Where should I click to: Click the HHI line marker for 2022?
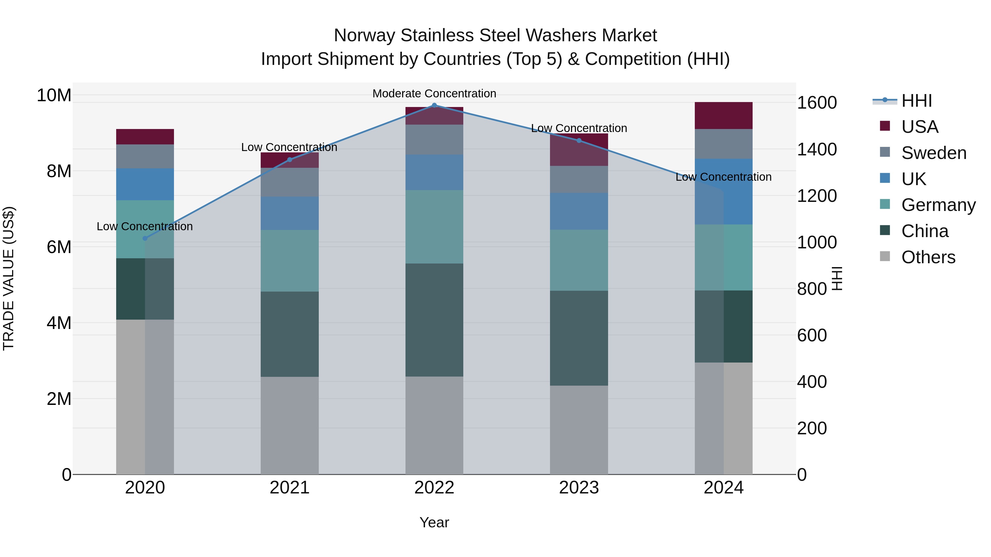click(x=434, y=105)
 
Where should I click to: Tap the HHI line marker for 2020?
click(x=145, y=238)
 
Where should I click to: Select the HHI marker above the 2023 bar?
click(x=579, y=141)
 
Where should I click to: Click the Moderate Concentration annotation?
click(x=434, y=94)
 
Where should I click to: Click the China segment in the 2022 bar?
click(x=434, y=320)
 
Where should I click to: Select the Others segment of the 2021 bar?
click(x=290, y=425)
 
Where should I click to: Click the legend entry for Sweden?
click(x=934, y=153)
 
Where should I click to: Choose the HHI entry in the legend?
click(x=916, y=101)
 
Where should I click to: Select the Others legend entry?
click(x=928, y=257)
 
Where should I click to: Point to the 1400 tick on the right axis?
click(x=816, y=150)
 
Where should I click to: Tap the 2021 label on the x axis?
click(x=290, y=488)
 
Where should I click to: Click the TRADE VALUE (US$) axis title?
click(x=9, y=278)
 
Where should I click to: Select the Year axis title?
click(x=434, y=522)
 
